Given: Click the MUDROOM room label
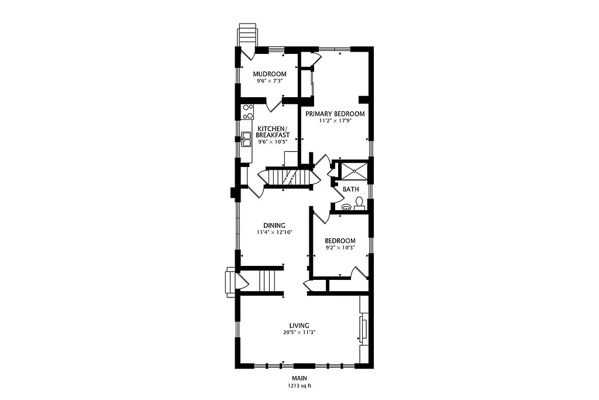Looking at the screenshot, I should [269, 74].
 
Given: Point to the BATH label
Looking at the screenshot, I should [350, 189].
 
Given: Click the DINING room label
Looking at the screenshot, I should [274, 225].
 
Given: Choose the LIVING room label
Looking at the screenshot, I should [299, 326].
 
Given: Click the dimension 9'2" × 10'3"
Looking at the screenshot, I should [340, 248].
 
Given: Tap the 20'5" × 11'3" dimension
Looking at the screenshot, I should [299, 333].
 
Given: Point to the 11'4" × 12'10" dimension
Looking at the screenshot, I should [274, 233].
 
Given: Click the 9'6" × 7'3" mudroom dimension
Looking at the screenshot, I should [269, 81].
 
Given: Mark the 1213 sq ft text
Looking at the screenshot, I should [299, 386].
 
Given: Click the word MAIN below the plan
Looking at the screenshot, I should [299, 379].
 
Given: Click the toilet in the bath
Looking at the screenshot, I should [360, 203].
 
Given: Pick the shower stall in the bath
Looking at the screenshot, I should [354, 170].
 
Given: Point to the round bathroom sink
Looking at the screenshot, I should [346, 207].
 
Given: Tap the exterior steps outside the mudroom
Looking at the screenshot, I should [246, 34].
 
